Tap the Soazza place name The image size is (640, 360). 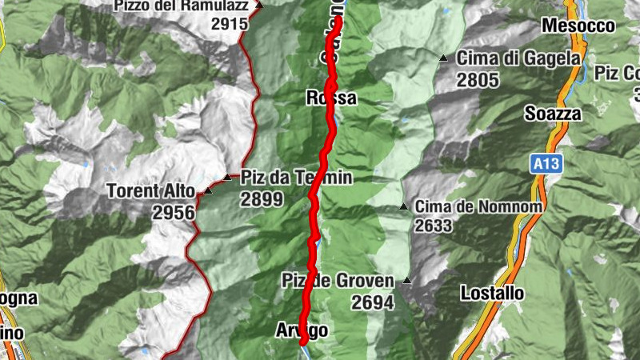[x=553, y=114]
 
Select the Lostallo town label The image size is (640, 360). [x=493, y=294]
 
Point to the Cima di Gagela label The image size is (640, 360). [x=518, y=58]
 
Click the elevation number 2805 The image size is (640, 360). [x=478, y=80]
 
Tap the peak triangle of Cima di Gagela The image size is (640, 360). [x=442, y=58]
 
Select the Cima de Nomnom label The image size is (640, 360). [x=478, y=206]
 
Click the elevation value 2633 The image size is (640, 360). [x=434, y=226]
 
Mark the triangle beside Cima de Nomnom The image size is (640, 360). [x=404, y=207]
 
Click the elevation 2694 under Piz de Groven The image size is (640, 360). [x=373, y=302]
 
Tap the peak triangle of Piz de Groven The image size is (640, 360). [x=407, y=281]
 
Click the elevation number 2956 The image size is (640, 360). [x=173, y=212]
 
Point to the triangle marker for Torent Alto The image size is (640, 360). [x=208, y=190]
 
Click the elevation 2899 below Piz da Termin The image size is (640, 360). [x=262, y=199]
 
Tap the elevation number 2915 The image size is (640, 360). [x=230, y=24]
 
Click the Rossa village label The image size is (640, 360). [x=330, y=98]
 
